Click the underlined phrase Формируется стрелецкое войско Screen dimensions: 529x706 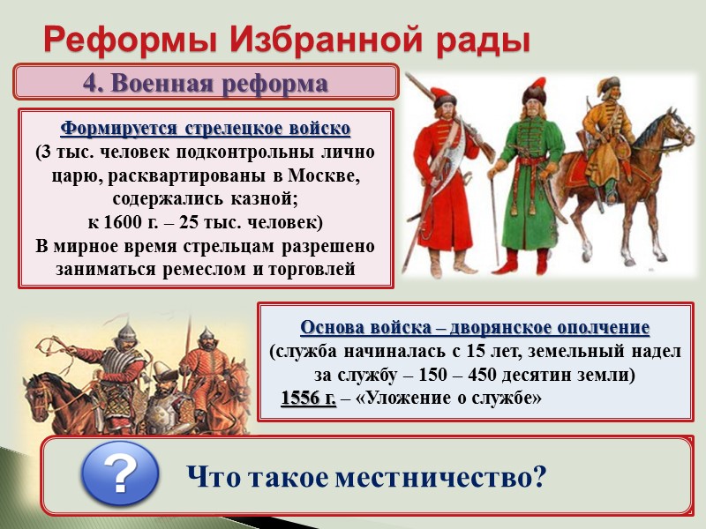pos(205,129)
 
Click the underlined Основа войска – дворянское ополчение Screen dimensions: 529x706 pos(475,327)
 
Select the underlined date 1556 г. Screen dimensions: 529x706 pos(308,399)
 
